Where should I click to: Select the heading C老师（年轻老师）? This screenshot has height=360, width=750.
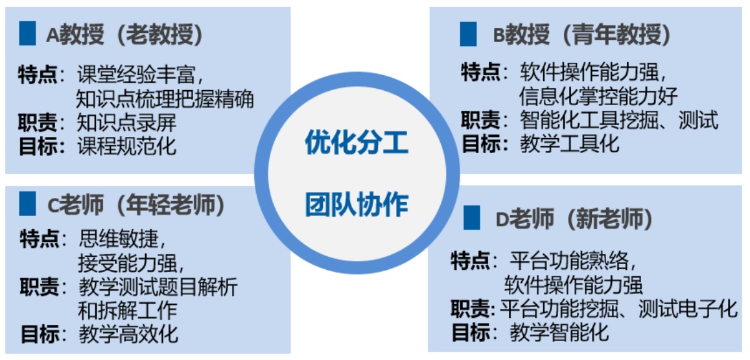[136, 204]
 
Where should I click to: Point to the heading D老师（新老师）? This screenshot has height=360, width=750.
[574, 219]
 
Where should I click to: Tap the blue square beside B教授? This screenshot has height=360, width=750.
[468, 34]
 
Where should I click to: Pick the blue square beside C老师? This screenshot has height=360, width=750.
[28, 203]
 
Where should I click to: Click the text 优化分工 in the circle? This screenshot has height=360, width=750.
[357, 143]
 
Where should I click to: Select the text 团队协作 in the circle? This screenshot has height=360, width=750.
[357, 204]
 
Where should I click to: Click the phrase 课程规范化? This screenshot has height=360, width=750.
[126, 145]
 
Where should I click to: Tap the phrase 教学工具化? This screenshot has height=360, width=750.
[570, 143]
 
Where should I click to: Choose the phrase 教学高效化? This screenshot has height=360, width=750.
[128, 335]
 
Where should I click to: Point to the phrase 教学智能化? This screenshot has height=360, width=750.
[559, 333]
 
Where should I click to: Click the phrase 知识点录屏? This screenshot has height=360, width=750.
[126, 123]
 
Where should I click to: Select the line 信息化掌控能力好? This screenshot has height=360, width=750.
[598, 97]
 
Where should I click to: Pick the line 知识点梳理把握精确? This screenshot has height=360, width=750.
[165, 99]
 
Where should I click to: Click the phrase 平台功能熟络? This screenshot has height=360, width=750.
[569, 261]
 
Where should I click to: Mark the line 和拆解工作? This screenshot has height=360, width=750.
[127, 310]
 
